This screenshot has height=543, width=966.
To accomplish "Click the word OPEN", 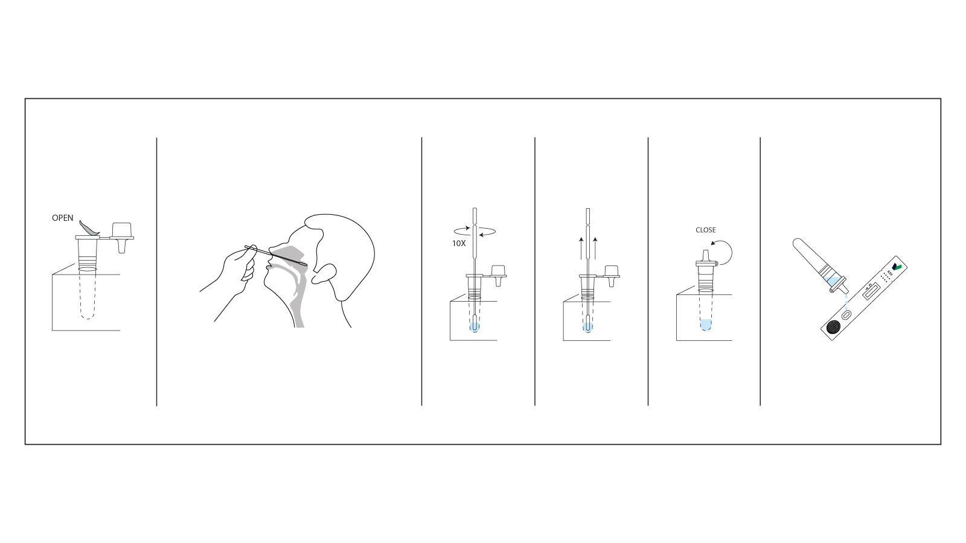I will tap(62, 218).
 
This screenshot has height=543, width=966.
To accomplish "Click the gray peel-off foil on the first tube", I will tap(89, 228).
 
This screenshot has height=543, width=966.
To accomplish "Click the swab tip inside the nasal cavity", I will tap(302, 263).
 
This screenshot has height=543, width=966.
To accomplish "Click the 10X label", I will tap(459, 243).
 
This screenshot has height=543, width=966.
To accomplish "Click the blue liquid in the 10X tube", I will tap(474, 327).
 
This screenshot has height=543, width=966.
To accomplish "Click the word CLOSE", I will tap(705, 230).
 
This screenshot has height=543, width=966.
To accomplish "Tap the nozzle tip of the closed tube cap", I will tap(704, 252).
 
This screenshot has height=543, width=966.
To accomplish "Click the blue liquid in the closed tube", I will tap(705, 325).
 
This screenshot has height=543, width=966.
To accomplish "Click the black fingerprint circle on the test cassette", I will tap(834, 328).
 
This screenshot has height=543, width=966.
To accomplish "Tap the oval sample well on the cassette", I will tap(846, 314).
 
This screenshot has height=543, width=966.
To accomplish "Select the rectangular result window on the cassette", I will tap(871, 291).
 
